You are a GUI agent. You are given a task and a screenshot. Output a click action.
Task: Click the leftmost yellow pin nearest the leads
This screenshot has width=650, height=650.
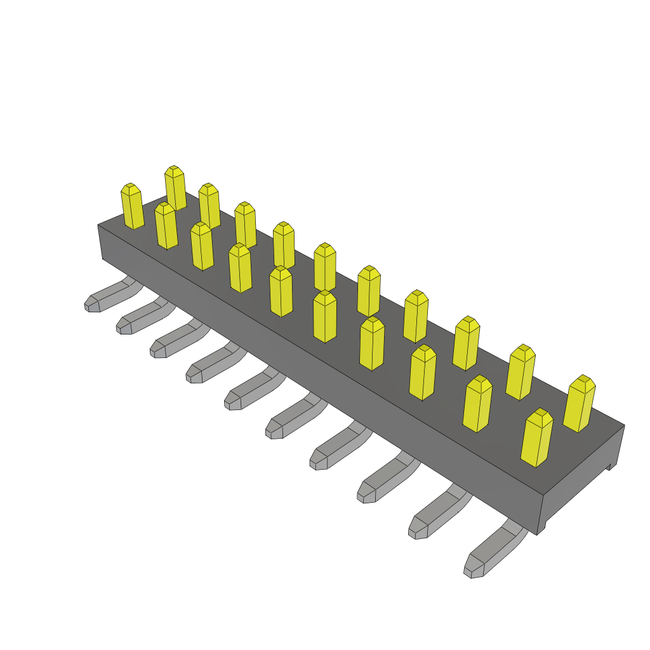pyautogui.click(x=133, y=207)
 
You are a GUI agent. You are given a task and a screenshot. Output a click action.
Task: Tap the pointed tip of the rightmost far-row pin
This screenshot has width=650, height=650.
pyautogui.click(x=583, y=380)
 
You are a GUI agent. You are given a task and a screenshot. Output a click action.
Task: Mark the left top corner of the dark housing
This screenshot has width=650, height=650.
pyautogui.click(x=99, y=225)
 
